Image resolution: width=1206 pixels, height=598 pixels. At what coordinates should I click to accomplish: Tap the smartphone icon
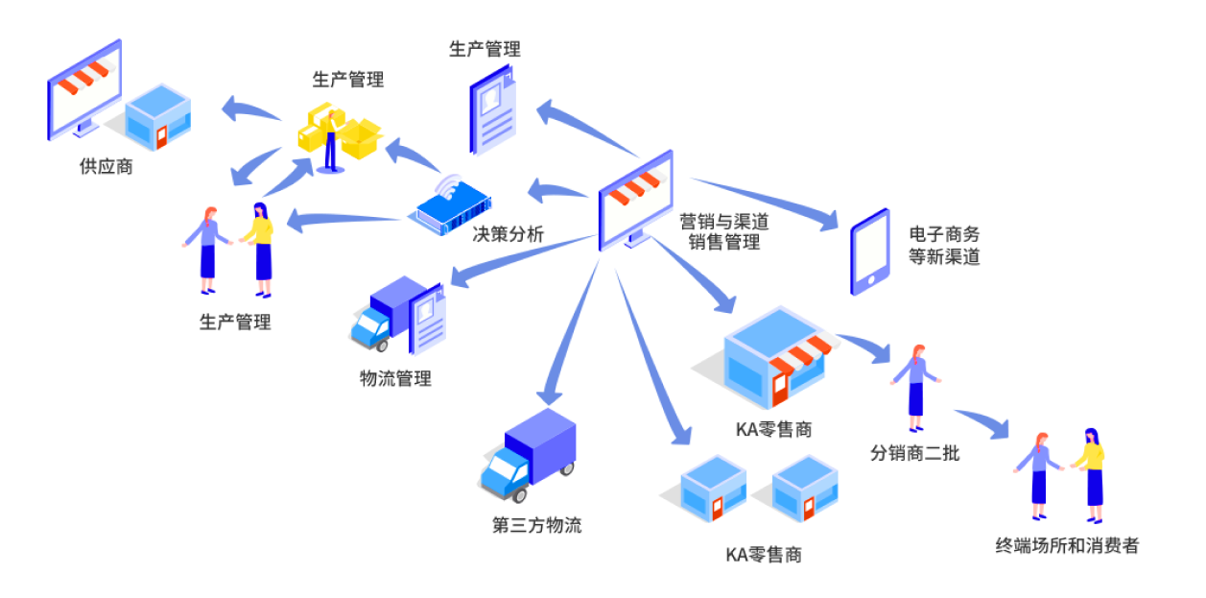coord(870,251)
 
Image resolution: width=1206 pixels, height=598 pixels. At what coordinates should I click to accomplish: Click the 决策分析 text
coord(508,234)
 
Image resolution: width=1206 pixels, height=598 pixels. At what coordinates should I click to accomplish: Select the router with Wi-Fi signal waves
coord(448,203)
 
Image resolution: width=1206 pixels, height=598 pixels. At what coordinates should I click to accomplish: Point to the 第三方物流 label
coord(536,526)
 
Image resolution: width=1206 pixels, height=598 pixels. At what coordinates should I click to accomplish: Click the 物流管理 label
coord(395,378)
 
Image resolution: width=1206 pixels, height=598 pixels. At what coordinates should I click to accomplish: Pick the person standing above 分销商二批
coord(916,387)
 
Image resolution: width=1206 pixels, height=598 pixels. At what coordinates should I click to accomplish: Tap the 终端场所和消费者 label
coord(1067,546)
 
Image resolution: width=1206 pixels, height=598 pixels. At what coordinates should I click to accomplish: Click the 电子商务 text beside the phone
coord(944,233)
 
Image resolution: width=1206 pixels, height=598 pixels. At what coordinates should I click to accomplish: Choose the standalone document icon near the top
coord(492,110)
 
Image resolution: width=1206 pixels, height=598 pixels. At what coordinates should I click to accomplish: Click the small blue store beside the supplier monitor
coord(157,117)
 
